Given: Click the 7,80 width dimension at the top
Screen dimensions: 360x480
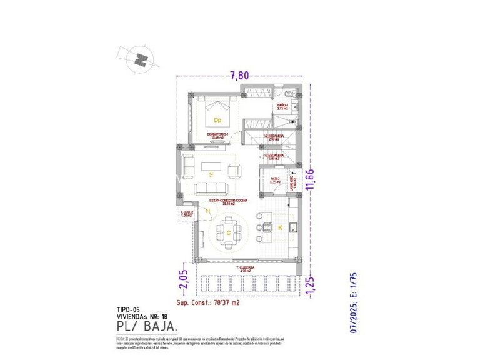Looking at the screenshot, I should pyautogui.click(x=239, y=76).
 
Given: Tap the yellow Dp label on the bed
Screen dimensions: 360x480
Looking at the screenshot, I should pyautogui.click(x=217, y=119).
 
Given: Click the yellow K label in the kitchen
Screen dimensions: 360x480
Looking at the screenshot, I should pyautogui.click(x=280, y=228).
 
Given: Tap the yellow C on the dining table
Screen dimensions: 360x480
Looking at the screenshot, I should pyautogui.click(x=229, y=232).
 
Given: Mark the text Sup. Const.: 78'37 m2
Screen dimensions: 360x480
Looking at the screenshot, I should pyautogui.click(x=207, y=302).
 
